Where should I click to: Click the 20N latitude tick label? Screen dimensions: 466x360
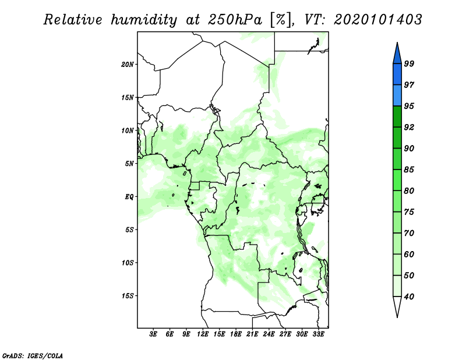pos(127,65)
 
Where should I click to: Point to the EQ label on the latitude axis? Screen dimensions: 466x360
pos(129,197)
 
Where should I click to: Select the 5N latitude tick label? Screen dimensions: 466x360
pos(129,164)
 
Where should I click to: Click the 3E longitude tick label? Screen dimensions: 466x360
pos(153,334)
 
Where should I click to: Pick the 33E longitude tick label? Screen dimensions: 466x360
pos(318,334)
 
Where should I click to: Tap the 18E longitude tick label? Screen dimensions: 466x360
pos(236,334)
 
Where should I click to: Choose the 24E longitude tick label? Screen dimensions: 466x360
pos(269,334)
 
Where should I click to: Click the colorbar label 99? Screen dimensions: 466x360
pos(409,63)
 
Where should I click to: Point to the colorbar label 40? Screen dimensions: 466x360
pos(409,297)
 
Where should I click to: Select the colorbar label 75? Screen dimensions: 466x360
pos(409,212)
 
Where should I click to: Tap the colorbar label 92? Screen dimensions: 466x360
pos(409,127)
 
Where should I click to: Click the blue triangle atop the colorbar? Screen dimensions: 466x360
pos(397,54)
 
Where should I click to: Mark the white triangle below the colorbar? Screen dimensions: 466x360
pos(397,306)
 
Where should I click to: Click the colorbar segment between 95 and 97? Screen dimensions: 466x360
pos(397,96)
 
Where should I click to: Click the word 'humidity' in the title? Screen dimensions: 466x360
pos(144,20)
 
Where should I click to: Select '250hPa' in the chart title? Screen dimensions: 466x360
pos(235,20)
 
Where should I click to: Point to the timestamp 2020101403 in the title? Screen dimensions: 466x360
pos(377,20)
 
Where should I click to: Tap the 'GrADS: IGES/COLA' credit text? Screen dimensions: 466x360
pos(33,356)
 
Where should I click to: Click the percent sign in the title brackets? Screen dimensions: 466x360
pos(281,20)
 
